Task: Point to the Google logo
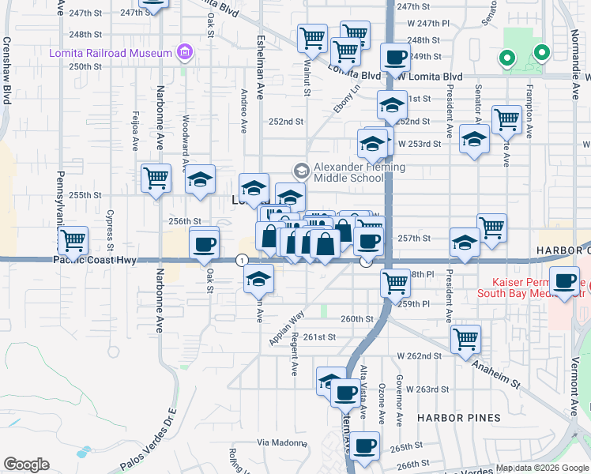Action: click(x=26, y=465)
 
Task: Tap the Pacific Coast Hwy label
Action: click(x=103, y=260)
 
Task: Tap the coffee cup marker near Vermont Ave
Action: click(x=565, y=280)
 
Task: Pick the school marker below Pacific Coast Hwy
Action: click(x=258, y=277)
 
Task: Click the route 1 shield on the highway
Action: click(x=242, y=260)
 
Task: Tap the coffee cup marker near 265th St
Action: click(x=365, y=445)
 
